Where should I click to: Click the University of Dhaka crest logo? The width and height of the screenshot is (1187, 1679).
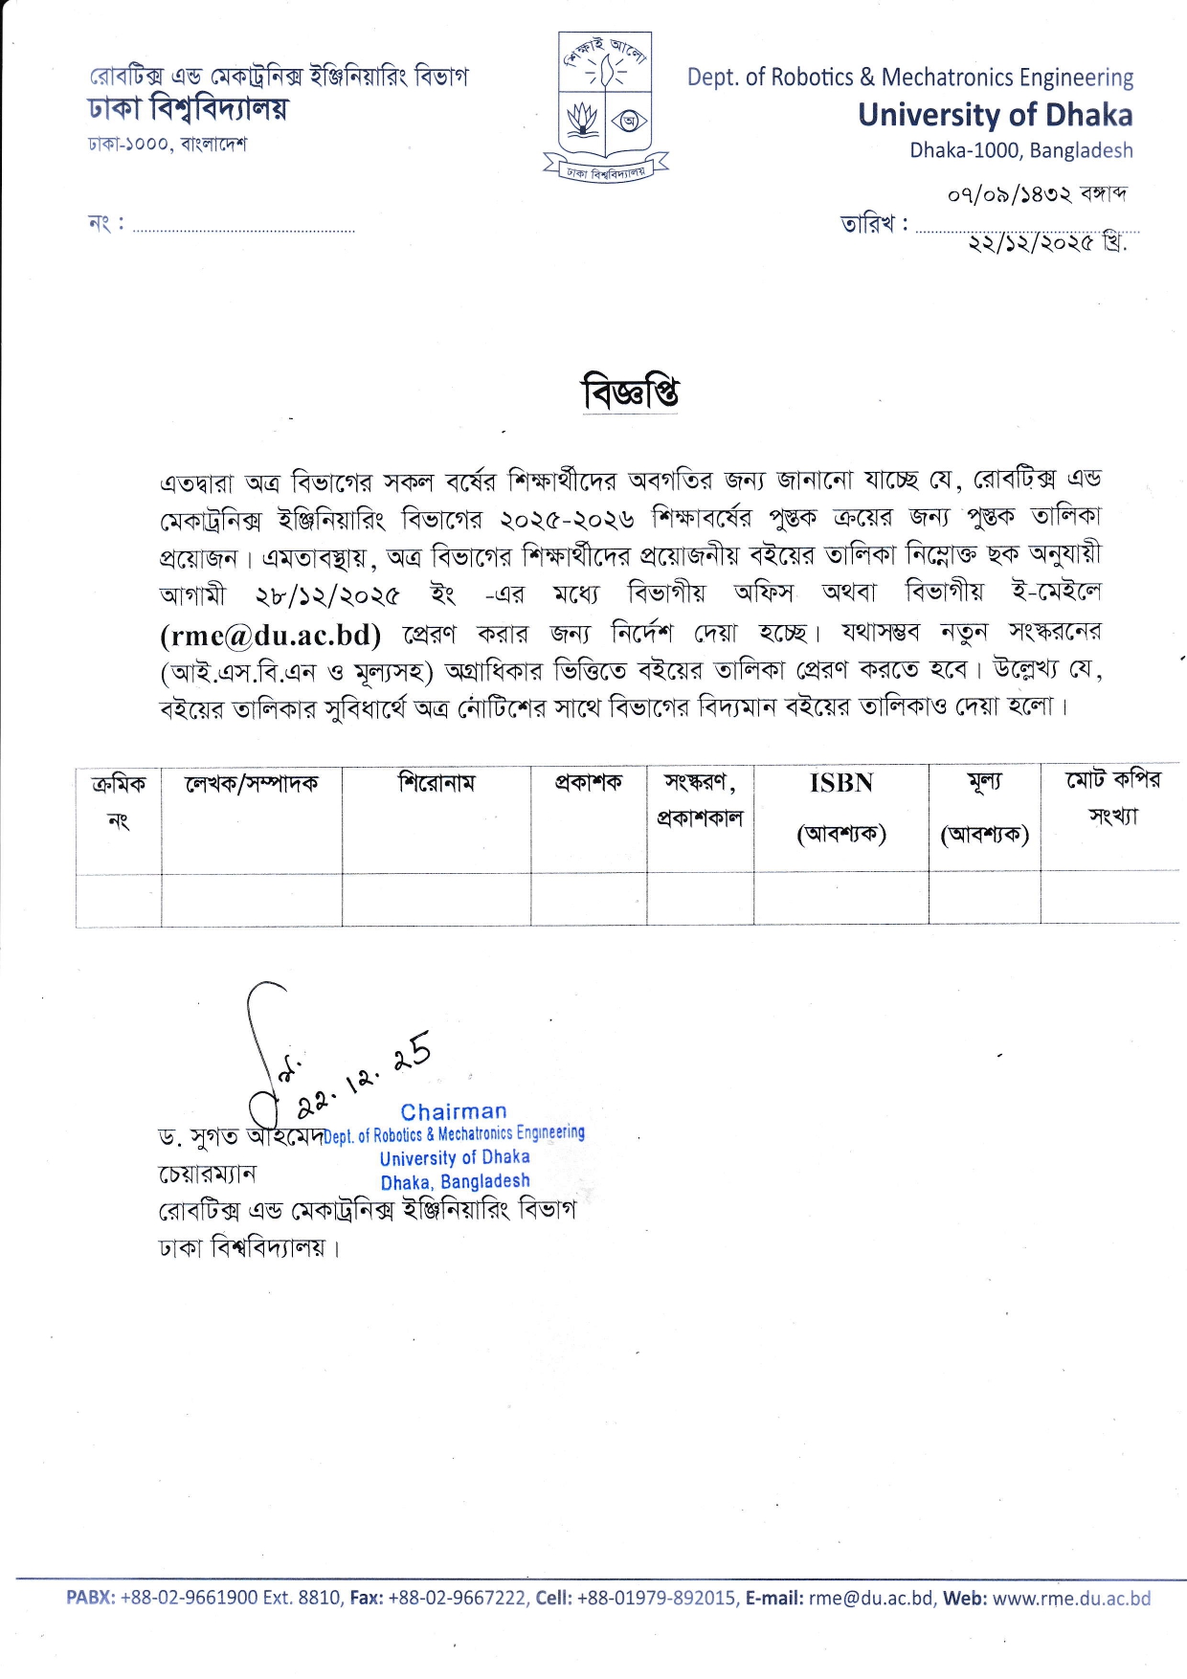coord(605,106)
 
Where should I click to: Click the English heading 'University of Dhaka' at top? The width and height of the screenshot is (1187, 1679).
coord(995,115)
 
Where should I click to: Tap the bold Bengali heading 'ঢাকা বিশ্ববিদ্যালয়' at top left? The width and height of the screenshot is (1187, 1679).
coord(188,110)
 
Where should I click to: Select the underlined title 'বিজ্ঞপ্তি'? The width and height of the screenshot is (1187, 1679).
coord(631,392)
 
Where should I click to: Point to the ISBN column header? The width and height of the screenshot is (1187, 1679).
coord(840,783)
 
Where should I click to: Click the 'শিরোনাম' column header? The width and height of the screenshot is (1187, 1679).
coord(437,783)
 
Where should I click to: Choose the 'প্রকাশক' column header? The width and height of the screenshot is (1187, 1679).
coord(588,783)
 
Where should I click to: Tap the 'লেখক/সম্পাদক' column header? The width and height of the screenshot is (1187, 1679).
coord(251,784)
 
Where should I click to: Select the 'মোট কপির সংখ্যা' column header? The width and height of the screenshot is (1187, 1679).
coord(1112,797)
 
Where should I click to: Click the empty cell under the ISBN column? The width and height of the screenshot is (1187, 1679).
coord(840,900)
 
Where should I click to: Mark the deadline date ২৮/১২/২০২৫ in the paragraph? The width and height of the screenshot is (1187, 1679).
coord(327,595)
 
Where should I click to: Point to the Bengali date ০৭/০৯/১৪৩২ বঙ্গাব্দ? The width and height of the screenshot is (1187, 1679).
coord(1037,194)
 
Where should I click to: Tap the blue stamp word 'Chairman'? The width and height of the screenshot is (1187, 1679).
coord(454,1111)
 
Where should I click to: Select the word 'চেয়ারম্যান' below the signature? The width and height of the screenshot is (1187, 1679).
coord(207,1174)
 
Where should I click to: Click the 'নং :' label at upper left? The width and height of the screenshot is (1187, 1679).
coord(105,224)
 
